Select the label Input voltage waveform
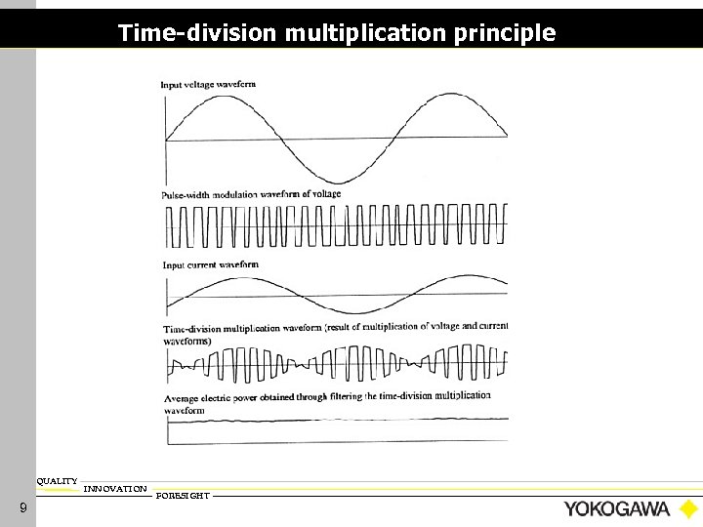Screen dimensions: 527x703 click(x=208, y=85)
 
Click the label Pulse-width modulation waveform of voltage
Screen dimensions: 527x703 click(x=251, y=194)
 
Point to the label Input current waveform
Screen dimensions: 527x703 click(x=210, y=264)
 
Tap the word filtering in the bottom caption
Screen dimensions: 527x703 click(x=345, y=397)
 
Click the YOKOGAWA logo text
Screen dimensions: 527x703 click(x=616, y=508)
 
